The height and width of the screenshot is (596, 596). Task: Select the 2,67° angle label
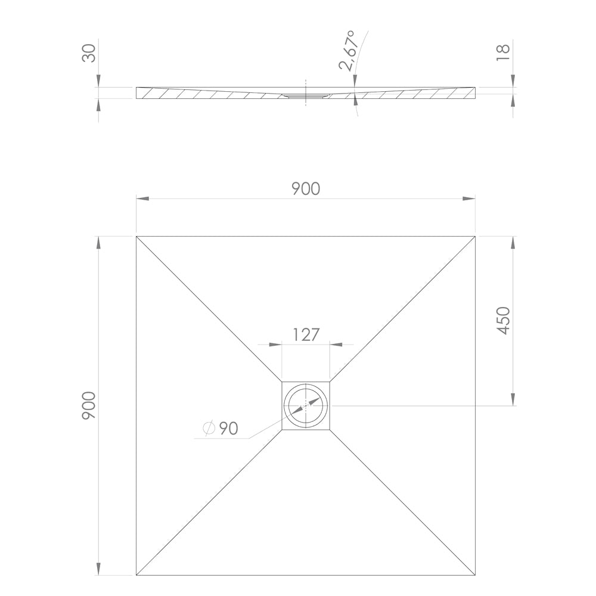pyautogui.click(x=349, y=51)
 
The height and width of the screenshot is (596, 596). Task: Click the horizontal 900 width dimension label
pyautogui.click(x=306, y=189)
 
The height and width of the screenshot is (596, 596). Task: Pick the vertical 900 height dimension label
pyautogui.click(x=89, y=405)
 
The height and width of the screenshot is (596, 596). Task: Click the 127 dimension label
pyautogui.click(x=306, y=335)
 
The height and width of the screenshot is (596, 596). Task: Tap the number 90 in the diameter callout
pyautogui.click(x=228, y=429)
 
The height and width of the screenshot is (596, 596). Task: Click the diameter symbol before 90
pyautogui.click(x=209, y=429)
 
